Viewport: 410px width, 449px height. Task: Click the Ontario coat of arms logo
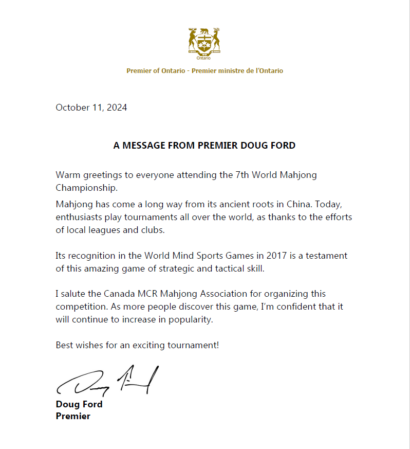(204, 43)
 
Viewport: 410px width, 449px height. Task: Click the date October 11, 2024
(91, 107)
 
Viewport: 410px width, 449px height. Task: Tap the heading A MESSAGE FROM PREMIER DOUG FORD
(204, 146)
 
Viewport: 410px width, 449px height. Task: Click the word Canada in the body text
(119, 294)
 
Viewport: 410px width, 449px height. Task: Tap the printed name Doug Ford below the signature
(79, 404)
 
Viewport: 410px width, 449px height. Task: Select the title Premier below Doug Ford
(73, 416)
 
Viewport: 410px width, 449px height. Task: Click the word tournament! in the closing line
(193, 345)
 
